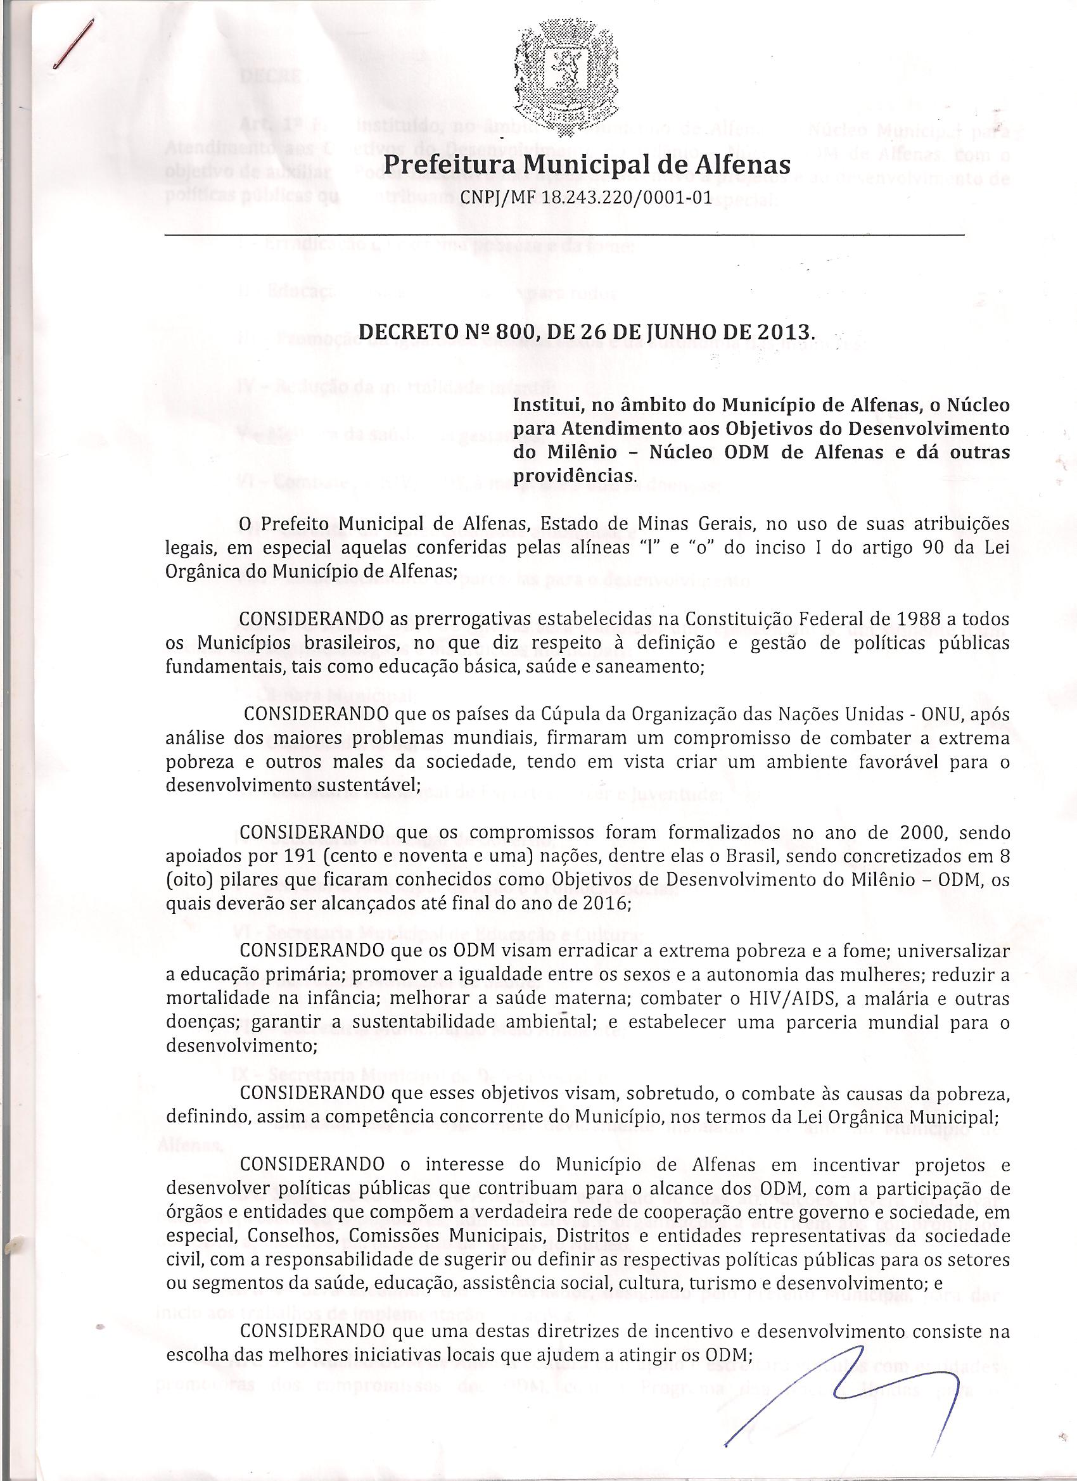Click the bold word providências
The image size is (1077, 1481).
click(573, 476)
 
